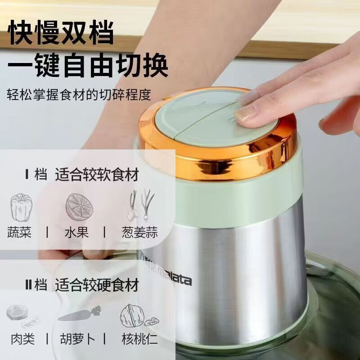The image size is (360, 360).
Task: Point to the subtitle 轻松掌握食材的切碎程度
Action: coord(79,95)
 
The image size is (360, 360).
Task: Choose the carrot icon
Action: coord(80,314)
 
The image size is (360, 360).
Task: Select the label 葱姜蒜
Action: coord(139,233)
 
